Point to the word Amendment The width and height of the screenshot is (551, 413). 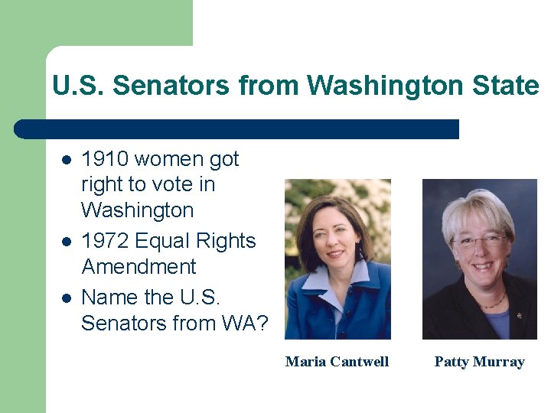(x=139, y=267)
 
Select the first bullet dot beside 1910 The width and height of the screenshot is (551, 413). (x=67, y=160)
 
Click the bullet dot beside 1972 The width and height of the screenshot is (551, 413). (x=67, y=242)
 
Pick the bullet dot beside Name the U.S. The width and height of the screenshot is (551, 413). (x=67, y=298)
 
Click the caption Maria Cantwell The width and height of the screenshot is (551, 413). (x=337, y=362)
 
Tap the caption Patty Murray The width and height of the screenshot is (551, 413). (x=479, y=362)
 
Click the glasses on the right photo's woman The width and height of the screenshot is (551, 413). (x=480, y=241)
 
